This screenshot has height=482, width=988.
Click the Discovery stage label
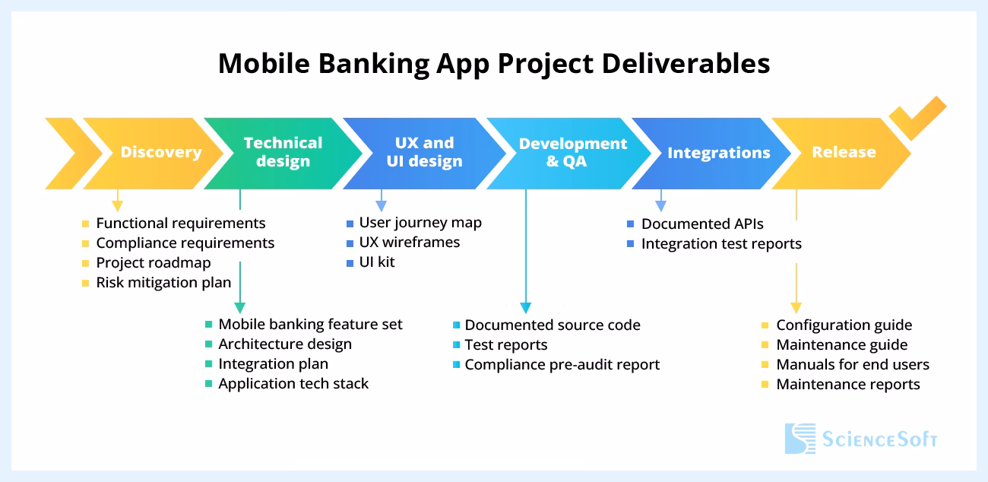(x=160, y=152)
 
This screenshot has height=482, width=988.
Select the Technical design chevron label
(x=283, y=152)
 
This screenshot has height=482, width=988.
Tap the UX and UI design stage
(x=424, y=152)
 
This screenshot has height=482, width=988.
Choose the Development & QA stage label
(x=572, y=152)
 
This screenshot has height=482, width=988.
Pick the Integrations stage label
(x=718, y=153)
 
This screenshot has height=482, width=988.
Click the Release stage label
(x=844, y=152)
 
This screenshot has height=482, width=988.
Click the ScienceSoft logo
(x=860, y=439)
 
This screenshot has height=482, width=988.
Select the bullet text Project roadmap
(x=153, y=263)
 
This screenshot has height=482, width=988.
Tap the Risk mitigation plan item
(x=163, y=283)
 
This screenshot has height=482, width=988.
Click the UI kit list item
(x=377, y=262)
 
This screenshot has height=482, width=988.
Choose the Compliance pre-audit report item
(x=562, y=365)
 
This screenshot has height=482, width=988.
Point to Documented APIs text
(x=702, y=224)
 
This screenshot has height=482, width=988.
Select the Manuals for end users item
(x=852, y=365)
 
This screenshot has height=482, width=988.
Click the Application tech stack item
(x=293, y=384)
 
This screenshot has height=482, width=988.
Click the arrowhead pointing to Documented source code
(x=526, y=307)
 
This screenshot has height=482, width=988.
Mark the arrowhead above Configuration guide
(x=796, y=307)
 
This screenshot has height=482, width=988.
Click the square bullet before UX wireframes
(x=350, y=243)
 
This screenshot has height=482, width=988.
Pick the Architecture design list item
(x=285, y=344)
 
